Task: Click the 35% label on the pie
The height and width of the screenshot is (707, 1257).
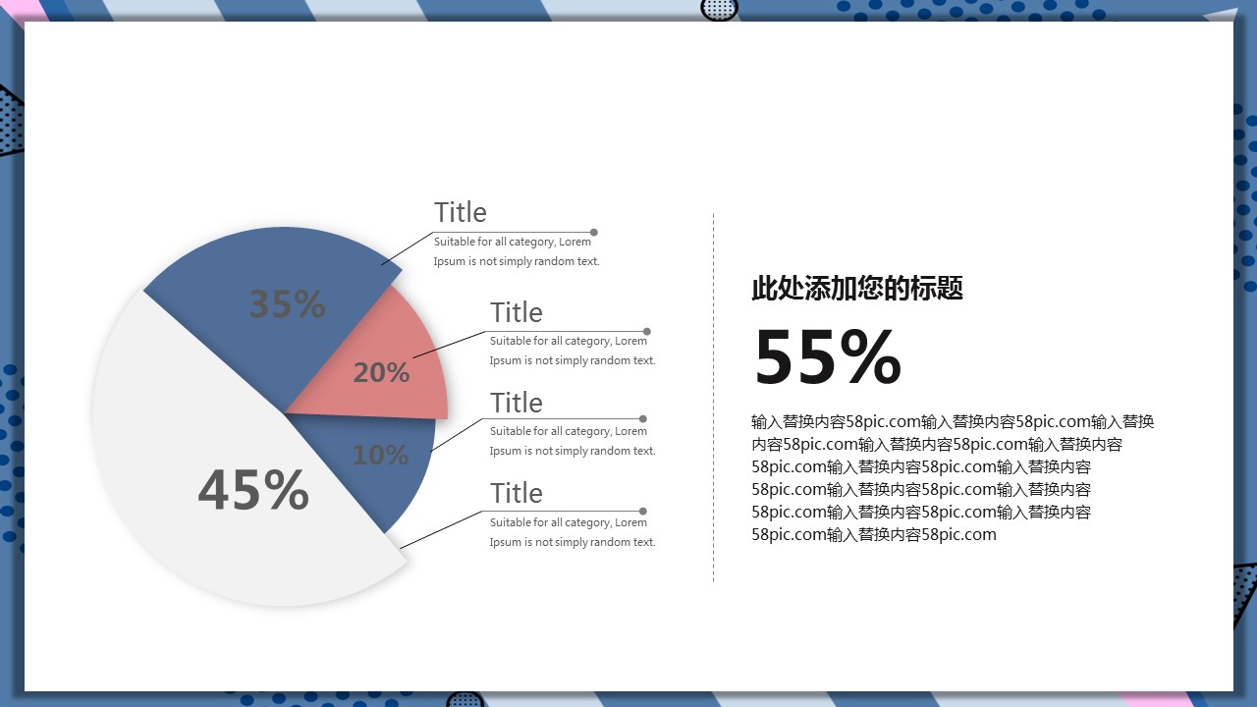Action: [288, 303]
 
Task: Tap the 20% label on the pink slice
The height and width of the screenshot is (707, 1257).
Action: [382, 372]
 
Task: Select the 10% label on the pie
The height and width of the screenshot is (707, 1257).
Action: [380, 455]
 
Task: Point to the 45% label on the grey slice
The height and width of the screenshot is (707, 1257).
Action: [253, 489]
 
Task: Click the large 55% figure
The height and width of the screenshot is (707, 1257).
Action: [827, 356]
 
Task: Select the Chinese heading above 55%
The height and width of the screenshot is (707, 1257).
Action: [857, 288]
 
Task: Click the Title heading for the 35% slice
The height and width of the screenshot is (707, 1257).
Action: [461, 212]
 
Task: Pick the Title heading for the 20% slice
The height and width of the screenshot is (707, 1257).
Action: [517, 312]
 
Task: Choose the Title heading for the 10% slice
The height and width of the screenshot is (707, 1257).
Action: [517, 403]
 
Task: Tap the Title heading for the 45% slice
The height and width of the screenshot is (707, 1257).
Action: [517, 493]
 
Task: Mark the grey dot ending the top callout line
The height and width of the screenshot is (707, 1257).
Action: [594, 233]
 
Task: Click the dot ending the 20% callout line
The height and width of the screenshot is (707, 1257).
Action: [647, 332]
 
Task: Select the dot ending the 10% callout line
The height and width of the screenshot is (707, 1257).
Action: [643, 418]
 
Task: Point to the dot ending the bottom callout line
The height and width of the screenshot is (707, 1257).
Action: [643, 512]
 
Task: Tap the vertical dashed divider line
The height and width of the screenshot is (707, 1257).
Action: [713, 398]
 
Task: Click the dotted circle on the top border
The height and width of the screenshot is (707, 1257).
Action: [720, 10]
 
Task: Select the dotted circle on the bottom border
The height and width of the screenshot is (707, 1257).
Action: [465, 699]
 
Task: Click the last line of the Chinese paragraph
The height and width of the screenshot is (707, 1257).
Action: [874, 534]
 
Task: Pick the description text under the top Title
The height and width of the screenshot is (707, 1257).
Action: [517, 251]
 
